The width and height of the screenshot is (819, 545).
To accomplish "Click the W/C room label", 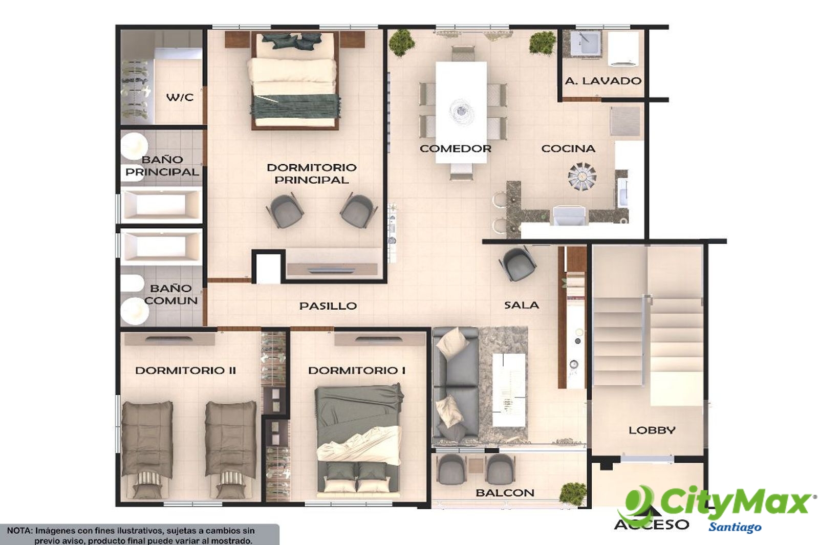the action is (180, 97).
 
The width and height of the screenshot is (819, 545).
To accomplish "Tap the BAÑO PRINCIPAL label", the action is (162, 166).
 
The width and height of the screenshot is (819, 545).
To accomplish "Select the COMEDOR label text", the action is (455, 148).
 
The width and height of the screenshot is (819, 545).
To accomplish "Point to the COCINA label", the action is (568, 148).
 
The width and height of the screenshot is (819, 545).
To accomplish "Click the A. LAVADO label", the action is (604, 81).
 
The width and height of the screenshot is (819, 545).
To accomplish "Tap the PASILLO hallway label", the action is (328, 306).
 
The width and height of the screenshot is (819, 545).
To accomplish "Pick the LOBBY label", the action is (652, 430).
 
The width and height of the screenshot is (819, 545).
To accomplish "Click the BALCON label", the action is (505, 493).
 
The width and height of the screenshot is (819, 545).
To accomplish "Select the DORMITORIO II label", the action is (185, 370).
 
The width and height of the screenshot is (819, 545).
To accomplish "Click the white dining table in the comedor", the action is (461, 112).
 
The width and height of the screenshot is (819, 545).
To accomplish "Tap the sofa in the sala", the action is (456, 386).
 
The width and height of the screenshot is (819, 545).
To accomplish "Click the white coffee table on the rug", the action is (509, 389).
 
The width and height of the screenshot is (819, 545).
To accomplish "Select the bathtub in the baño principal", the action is (161, 204).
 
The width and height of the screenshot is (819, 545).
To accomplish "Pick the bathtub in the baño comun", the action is (161, 246).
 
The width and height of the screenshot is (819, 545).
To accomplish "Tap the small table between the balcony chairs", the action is (477, 466).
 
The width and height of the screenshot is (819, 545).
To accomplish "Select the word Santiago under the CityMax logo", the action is (735, 527).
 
